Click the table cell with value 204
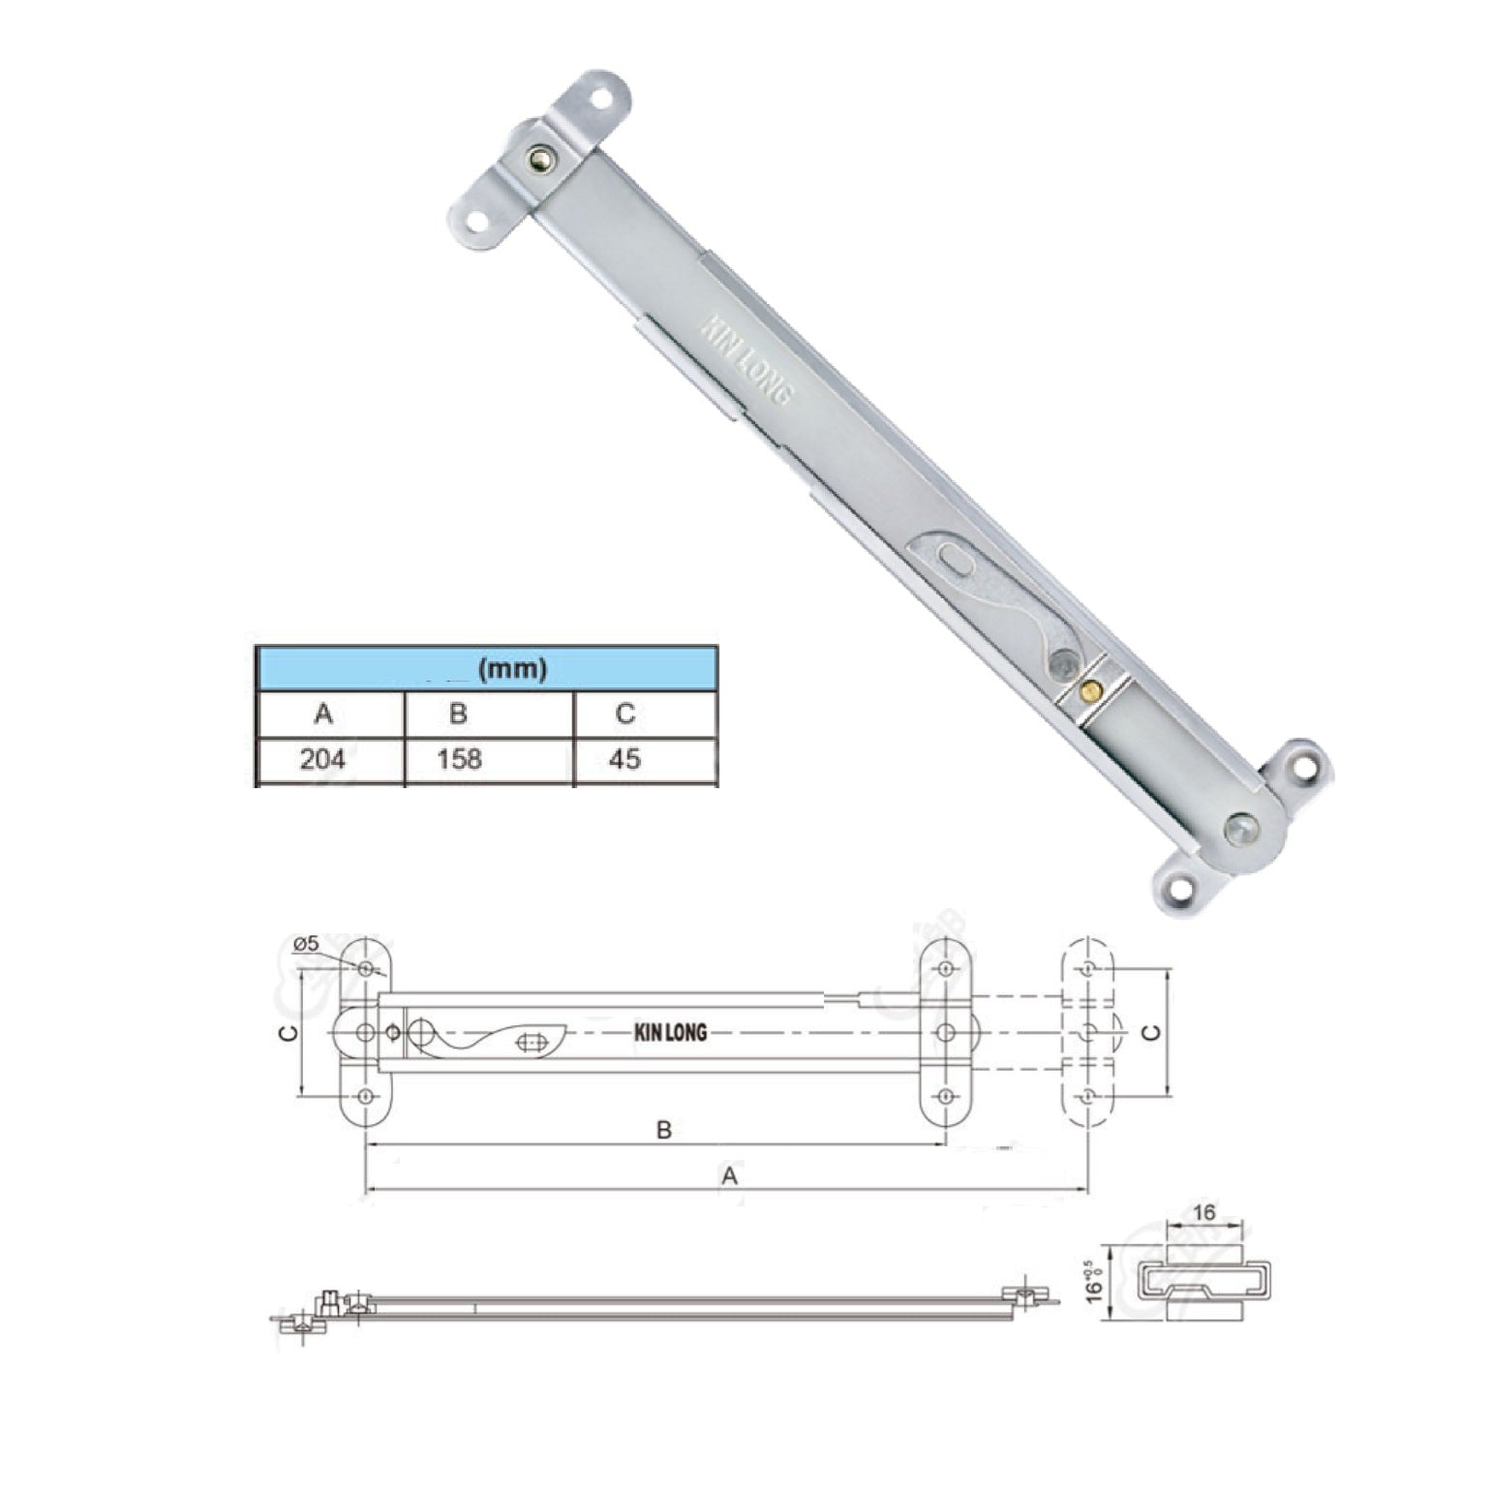click(x=322, y=759)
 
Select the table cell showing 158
click(x=459, y=759)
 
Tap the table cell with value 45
click(x=625, y=759)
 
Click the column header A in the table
click(x=323, y=715)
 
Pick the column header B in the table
click(x=459, y=715)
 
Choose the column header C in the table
click(x=625, y=715)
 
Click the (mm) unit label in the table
click(x=512, y=668)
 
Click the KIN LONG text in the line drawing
click(x=670, y=1033)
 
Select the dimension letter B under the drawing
click(x=664, y=1130)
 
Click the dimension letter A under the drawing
click(x=730, y=1175)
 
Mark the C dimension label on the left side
click(x=287, y=1033)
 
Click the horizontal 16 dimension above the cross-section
click(x=1204, y=1212)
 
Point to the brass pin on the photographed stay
click(x=1091, y=689)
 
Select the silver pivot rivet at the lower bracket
click(x=1238, y=828)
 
